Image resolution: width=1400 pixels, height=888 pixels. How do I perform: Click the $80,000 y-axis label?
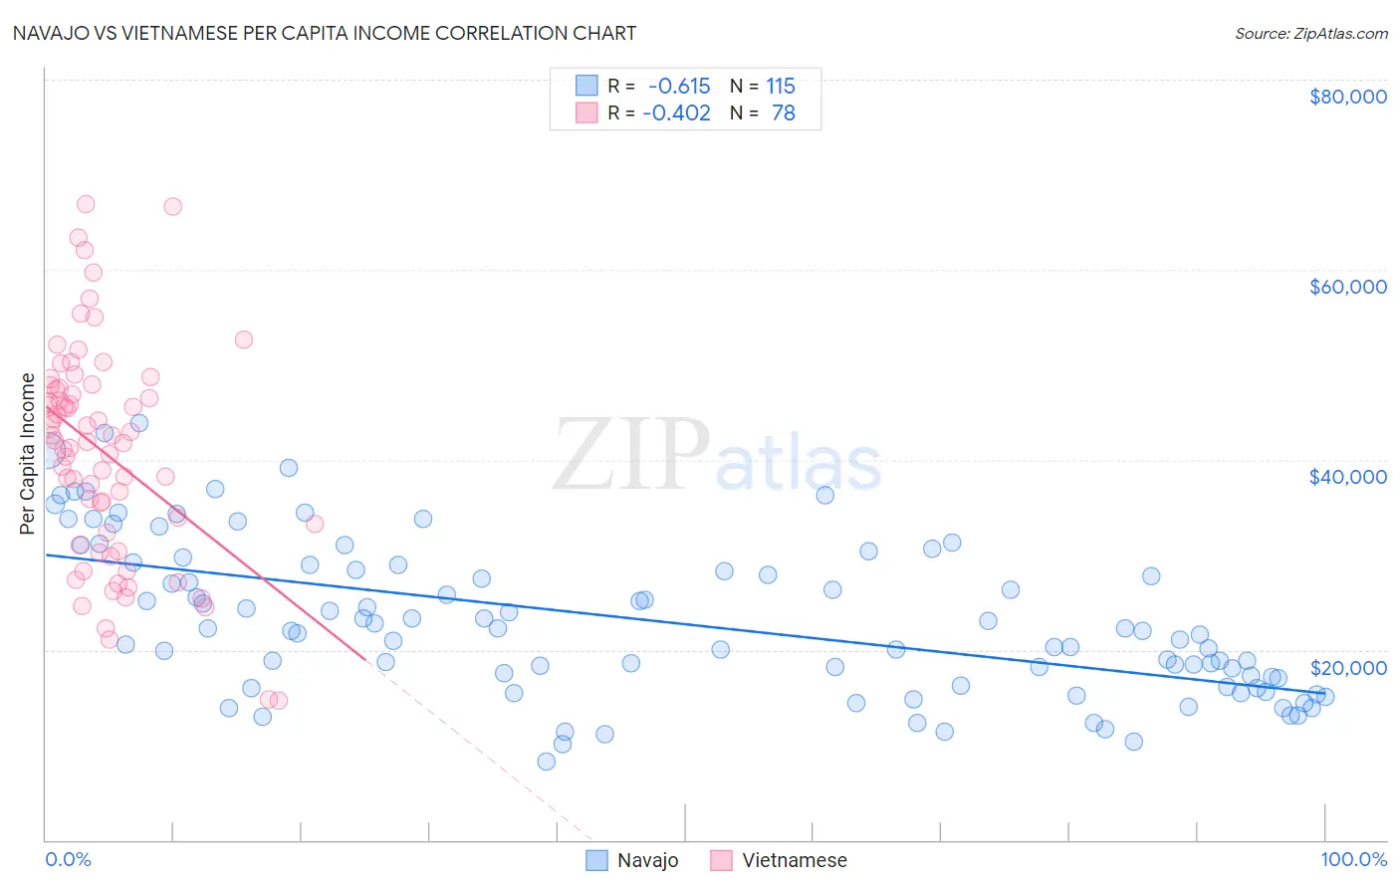(x=1347, y=97)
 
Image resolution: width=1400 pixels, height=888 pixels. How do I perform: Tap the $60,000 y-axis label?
(x=1347, y=287)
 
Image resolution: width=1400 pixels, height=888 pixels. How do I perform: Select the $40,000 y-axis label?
(x=1347, y=477)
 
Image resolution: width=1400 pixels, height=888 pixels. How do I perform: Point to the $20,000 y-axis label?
(x=1347, y=667)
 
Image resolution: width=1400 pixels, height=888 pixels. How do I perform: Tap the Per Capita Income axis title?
(x=28, y=454)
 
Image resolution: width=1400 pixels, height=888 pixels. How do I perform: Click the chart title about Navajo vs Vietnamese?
(x=325, y=33)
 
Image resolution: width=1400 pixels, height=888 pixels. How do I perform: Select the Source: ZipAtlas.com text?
(x=1310, y=33)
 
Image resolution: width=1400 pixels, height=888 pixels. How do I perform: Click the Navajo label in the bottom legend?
(x=647, y=860)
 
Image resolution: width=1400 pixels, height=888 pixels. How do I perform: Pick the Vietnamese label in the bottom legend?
(x=794, y=860)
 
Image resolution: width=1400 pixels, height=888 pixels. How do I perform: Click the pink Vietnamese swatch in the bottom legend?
(x=721, y=860)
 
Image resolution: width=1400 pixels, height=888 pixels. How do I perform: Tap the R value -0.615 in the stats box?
(x=679, y=86)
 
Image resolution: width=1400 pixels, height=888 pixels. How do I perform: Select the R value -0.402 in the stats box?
(x=676, y=112)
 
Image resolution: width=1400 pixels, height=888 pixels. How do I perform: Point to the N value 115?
(x=781, y=86)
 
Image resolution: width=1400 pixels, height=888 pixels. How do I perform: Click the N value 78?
(x=784, y=112)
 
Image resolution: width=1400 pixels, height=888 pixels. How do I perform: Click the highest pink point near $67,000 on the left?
(x=86, y=204)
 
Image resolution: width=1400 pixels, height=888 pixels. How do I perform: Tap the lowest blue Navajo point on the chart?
(x=546, y=762)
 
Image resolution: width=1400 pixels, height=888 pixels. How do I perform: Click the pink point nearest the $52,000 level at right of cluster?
(x=243, y=339)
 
